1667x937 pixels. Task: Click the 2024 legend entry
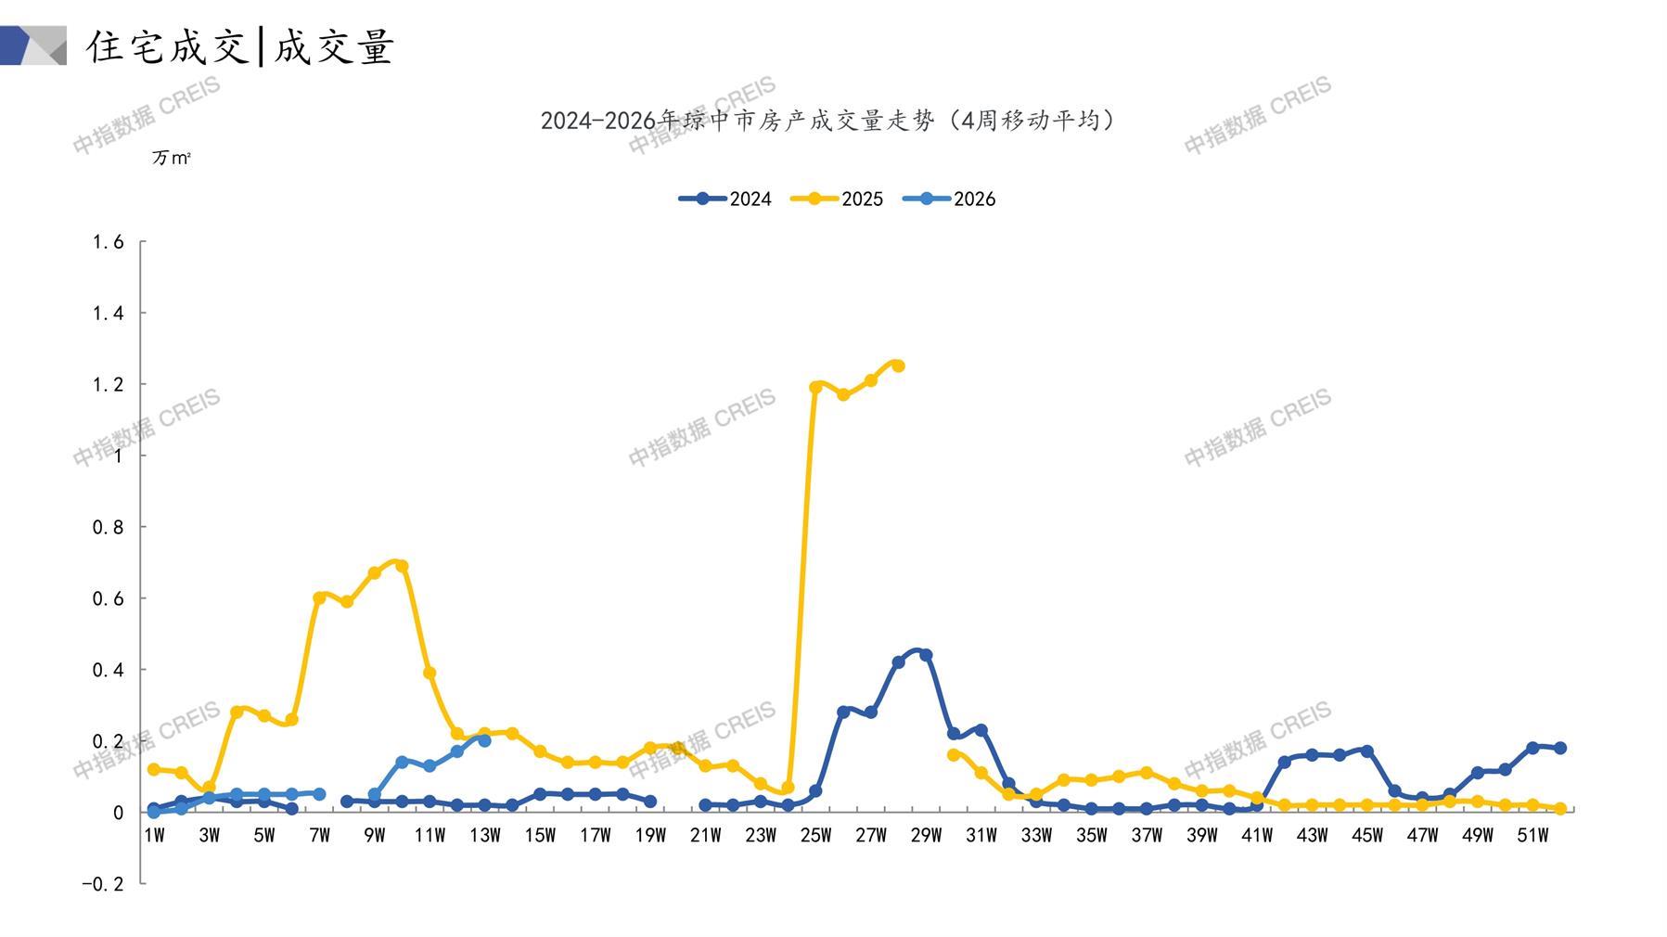(725, 199)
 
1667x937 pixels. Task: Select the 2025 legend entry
(837, 199)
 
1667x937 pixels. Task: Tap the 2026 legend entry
(949, 199)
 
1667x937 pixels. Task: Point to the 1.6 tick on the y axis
(108, 242)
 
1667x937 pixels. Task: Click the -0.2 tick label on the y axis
(102, 884)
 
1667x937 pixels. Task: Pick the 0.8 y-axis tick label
(108, 527)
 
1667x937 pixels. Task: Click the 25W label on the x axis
(815, 836)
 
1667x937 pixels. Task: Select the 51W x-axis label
(1532, 836)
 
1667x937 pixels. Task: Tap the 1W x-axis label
(154, 836)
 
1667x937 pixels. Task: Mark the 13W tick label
(484, 836)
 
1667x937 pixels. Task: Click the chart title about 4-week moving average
(827, 121)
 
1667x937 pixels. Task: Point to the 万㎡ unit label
(172, 159)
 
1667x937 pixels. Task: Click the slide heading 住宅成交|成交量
(240, 46)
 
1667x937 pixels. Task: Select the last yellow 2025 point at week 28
(898, 366)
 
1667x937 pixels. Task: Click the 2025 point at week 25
(815, 388)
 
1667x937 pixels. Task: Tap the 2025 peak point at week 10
(402, 566)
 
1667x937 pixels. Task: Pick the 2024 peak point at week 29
(926, 655)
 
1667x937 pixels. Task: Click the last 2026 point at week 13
(484, 740)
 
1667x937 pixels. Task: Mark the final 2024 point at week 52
(1560, 748)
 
